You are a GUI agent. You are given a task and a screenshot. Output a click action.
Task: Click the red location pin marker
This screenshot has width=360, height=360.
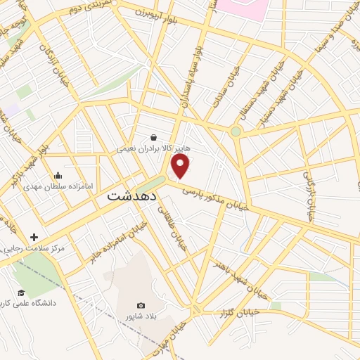181,166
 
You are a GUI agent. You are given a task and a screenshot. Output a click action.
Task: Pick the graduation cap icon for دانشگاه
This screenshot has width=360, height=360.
21,292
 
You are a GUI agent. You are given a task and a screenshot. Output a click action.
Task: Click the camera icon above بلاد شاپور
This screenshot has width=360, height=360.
141,305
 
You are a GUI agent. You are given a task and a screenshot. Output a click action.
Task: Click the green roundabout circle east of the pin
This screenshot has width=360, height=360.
236,131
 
